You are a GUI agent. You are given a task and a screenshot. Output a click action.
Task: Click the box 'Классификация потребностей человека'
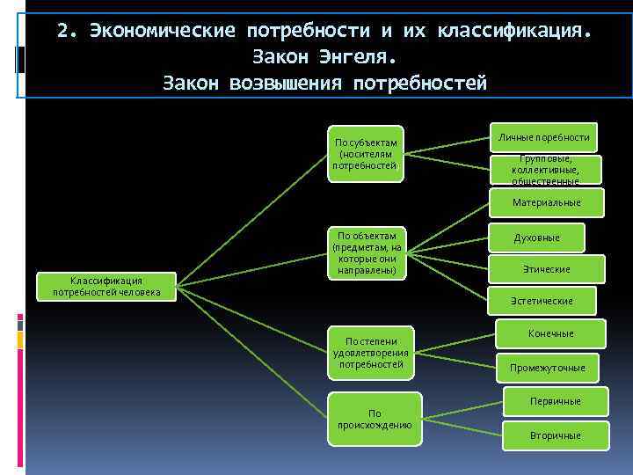pyautogui.click(x=106, y=287)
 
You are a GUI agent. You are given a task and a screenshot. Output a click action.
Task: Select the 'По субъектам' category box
pyautogui.click(x=366, y=154)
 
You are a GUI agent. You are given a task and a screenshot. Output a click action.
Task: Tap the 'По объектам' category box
pyautogui.click(x=366, y=253)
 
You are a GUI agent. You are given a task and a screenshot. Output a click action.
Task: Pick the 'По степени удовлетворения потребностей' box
pyautogui.click(x=368, y=353)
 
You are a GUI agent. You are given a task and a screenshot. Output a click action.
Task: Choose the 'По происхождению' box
pyautogui.click(x=375, y=419)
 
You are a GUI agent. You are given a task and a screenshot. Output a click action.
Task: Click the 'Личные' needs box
pyautogui.click(x=543, y=138)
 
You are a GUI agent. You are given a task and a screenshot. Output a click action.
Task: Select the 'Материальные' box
pyautogui.click(x=546, y=202)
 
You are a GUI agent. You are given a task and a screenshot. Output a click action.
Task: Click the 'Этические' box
pyautogui.click(x=546, y=269)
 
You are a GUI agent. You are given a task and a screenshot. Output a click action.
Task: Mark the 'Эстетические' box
pyautogui.click(x=542, y=301)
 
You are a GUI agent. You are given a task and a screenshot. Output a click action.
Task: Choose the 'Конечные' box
pyautogui.click(x=550, y=333)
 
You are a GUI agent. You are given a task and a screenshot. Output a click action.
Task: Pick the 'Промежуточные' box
pyautogui.click(x=553, y=367)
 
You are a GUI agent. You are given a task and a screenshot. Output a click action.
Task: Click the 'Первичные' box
pyautogui.click(x=555, y=401)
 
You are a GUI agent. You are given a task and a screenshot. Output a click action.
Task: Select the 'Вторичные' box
pyautogui.click(x=555, y=435)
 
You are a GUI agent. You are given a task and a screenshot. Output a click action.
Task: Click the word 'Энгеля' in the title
pyautogui.click(x=360, y=57)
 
